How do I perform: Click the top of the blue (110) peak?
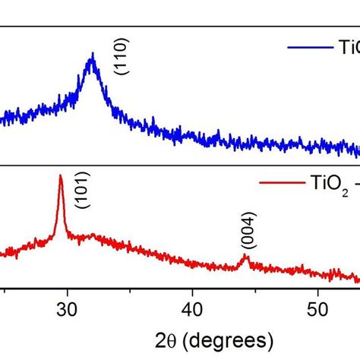pyautogui.click(x=92, y=54)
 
